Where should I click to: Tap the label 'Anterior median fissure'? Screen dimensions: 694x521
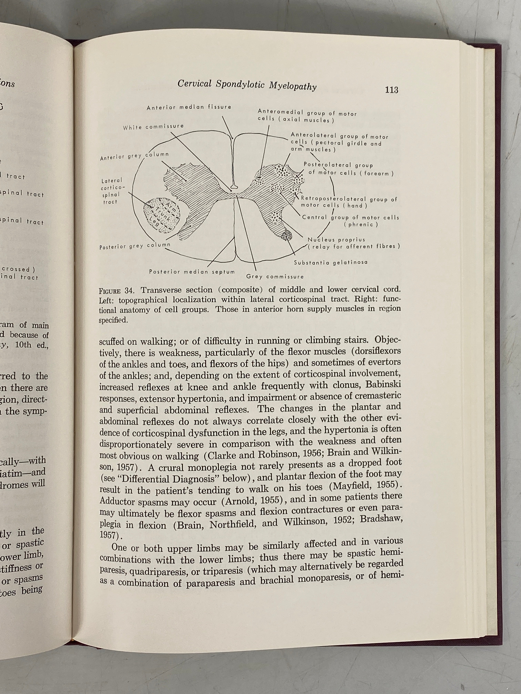point(189,107)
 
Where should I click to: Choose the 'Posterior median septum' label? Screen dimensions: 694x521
point(192,272)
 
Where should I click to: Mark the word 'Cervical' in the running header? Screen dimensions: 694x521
point(195,83)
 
